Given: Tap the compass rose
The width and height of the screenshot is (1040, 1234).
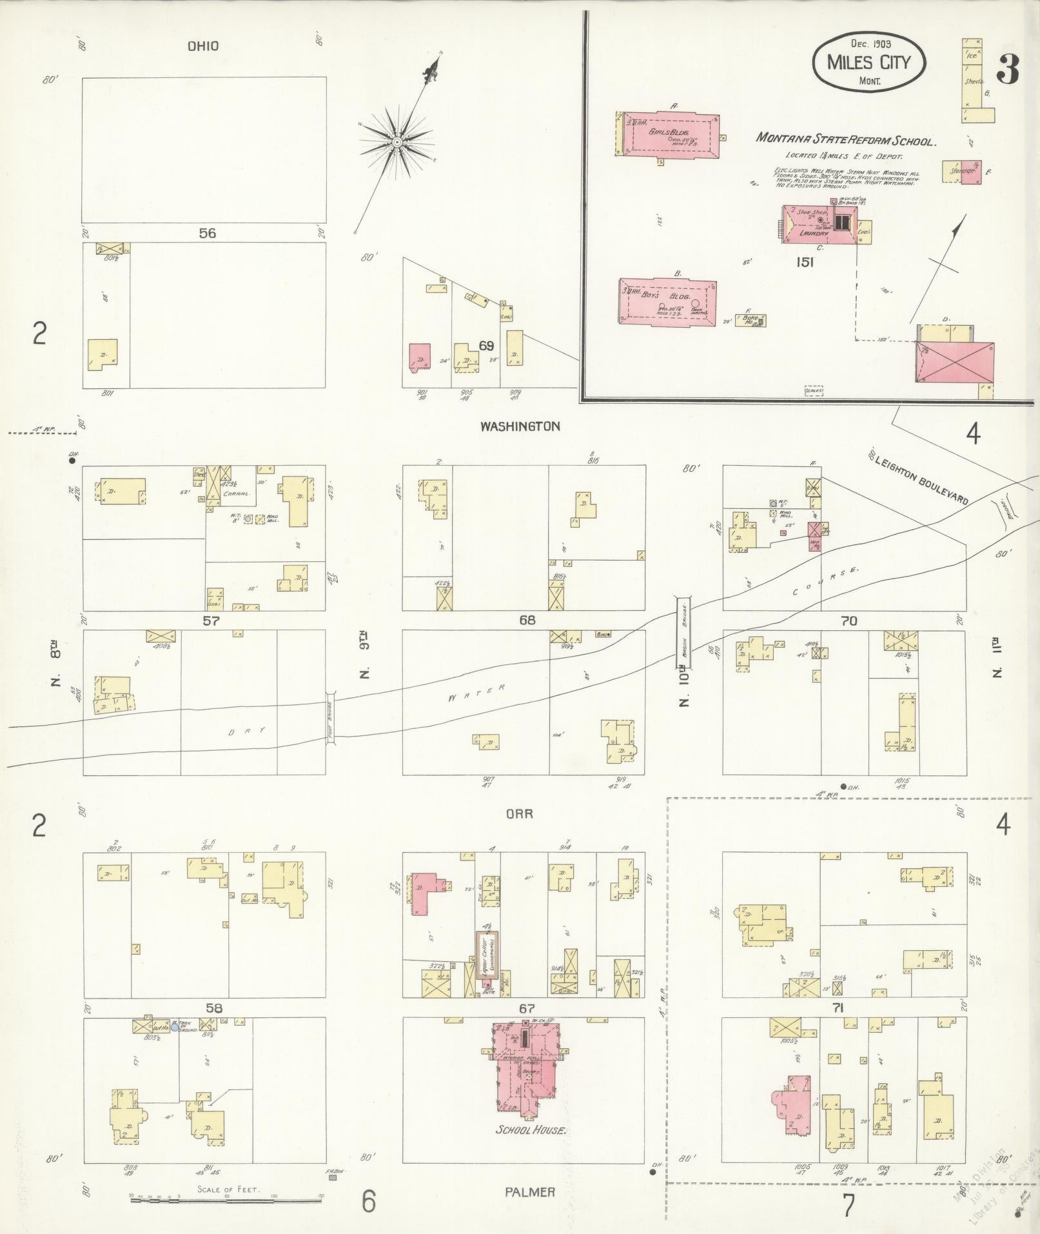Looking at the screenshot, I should pyautogui.click(x=397, y=141).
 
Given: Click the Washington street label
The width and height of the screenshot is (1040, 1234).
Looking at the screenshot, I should pyautogui.click(x=520, y=426).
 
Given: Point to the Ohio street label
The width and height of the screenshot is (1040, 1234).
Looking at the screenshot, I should pyautogui.click(x=203, y=46).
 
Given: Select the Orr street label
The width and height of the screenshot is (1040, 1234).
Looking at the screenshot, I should pyautogui.click(x=519, y=813).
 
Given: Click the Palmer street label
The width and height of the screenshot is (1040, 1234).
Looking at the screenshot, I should pyautogui.click(x=530, y=1192).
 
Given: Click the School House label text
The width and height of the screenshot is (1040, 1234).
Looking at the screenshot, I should pyautogui.click(x=531, y=1131).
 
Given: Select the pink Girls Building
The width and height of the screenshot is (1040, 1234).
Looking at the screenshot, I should pyautogui.click(x=667, y=135).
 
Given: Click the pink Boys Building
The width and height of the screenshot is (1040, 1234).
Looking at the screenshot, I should pyautogui.click(x=667, y=302).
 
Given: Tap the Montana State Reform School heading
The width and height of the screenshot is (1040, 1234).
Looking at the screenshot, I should pyautogui.click(x=845, y=139).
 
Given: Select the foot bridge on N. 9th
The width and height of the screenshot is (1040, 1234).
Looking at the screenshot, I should pyautogui.click(x=331, y=718).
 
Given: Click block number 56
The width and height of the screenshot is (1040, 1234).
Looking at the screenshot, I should pyautogui.click(x=207, y=233).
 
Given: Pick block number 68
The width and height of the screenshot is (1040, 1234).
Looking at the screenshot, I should pyautogui.click(x=527, y=620).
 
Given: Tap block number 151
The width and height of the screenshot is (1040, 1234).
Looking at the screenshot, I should pyautogui.click(x=805, y=262).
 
